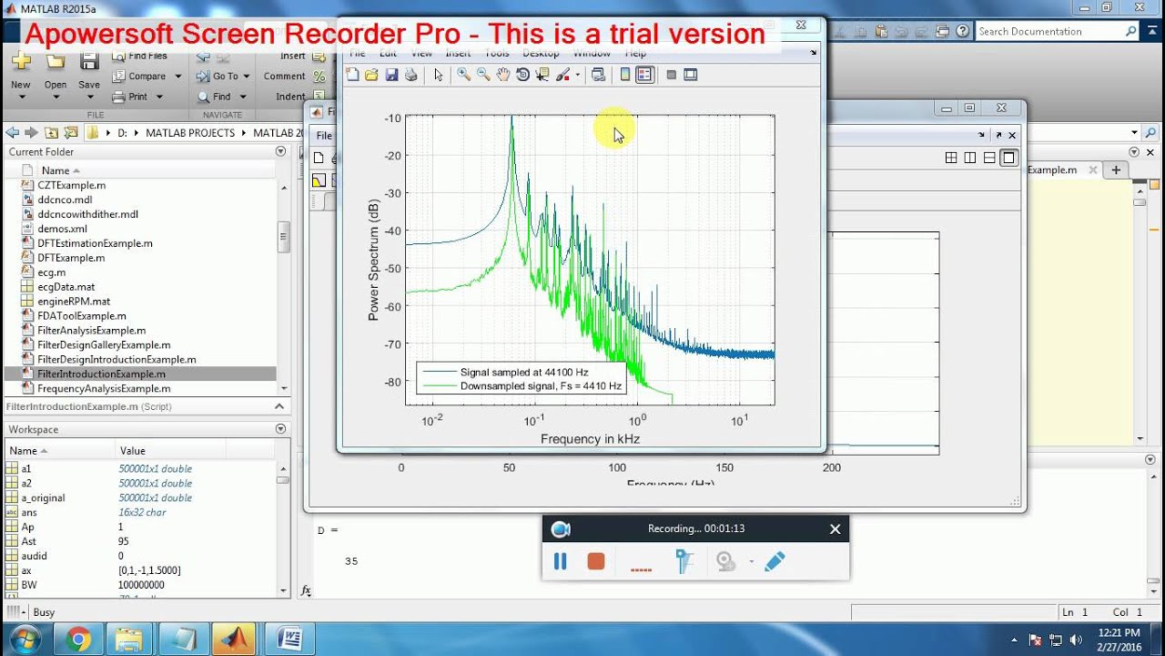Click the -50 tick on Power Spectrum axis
point(392,269)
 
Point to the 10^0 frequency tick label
point(637,420)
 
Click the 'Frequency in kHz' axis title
point(590,439)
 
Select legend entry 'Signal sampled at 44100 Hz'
point(523,372)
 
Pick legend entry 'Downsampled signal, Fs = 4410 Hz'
point(541,386)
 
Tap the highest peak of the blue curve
point(512,118)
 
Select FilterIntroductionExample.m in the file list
point(101,374)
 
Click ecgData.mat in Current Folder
point(66,287)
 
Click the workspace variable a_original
point(44,497)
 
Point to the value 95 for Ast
point(125,541)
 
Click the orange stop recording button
point(596,561)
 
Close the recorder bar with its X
point(835,529)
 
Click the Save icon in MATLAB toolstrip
point(89,64)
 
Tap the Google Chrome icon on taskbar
point(77,640)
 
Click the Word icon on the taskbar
point(289,640)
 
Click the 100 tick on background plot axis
point(616,467)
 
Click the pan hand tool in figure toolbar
point(503,75)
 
